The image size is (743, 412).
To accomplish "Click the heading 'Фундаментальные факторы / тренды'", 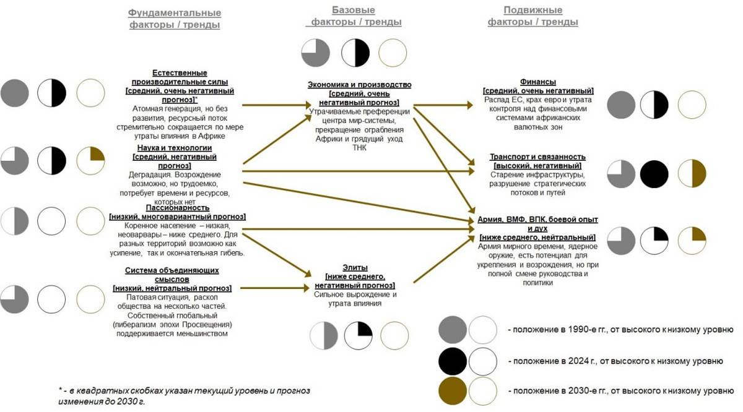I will [175, 19].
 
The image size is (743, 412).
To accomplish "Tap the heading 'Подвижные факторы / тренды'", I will [533, 16].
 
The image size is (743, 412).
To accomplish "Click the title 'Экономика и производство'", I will [359, 85].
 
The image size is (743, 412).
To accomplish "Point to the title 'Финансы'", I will [538, 82].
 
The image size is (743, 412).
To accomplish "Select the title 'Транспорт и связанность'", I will [537, 157].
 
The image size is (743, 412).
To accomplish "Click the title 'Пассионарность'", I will [176, 208].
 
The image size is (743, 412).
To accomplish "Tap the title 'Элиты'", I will [355, 268].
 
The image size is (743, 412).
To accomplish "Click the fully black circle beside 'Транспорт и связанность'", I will [654, 174].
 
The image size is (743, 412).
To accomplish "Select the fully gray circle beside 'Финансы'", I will [621, 105].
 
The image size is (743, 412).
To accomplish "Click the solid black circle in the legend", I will [453, 360].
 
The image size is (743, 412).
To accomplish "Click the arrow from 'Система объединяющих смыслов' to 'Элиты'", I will [276, 288].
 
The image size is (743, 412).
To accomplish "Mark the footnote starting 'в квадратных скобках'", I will [183, 395].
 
